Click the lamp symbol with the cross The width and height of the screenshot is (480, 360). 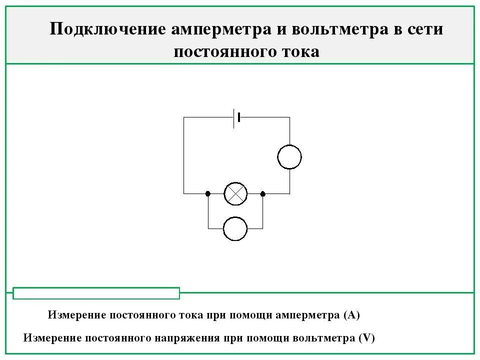tap(235, 193)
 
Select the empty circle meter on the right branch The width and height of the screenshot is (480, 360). tap(289, 157)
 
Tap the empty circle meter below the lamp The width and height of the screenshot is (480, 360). tap(235, 228)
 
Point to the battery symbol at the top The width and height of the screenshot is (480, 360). tap(237, 117)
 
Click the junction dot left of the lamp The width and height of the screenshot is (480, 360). tap(207, 193)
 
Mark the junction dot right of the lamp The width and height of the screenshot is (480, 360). tap(263, 193)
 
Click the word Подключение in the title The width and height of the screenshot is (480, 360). tap(107, 29)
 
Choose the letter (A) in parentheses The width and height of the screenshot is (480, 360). tap(352, 315)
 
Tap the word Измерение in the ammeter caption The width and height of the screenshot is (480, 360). tap(76, 315)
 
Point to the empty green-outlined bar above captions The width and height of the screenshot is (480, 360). tap(96, 293)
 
